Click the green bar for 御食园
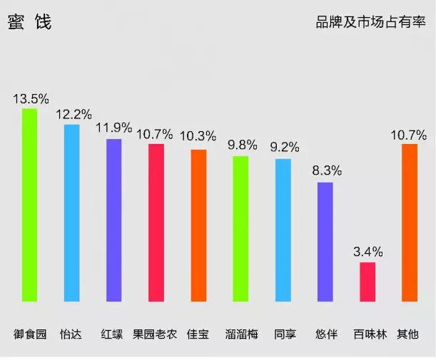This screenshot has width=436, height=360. pyautogui.click(x=29, y=205)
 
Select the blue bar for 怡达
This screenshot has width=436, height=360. pyautogui.click(x=71, y=212)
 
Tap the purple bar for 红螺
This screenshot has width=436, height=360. pyautogui.click(x=113, y=220)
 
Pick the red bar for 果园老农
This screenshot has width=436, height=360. pyautogui.click(x=156, y=222)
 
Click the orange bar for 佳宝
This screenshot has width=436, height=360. pyautogui.click(x=198, y=225)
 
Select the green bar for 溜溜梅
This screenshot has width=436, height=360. pyautogui.click(x=240, y=228)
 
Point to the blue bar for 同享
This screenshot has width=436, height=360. pyautogui.click(x=283, y=230)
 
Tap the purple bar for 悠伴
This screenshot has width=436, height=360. pyautogui.click(x=325, y=242)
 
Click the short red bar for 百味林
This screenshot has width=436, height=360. pyautogui.click(x=367, y=282)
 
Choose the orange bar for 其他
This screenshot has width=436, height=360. pyautogui.click(x=410, y=222)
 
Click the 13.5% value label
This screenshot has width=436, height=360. pyautogui.click(x=31, y=98)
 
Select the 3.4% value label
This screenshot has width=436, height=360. pyautogui.click(x=368, y=252)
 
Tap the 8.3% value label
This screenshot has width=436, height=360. pyautogui.click(x=327, y=171)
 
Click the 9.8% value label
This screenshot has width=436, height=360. pyautogui.click(x=243, y=145)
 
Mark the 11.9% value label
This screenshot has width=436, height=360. pyautogui.click(x=114, y=128)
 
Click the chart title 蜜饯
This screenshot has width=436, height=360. pyautogui.click(x=29, y=23)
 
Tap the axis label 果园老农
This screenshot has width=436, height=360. pyautogui.click(x=156, y=334)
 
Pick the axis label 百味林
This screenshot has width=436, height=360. pyautogui.click(x=369, y=334)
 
